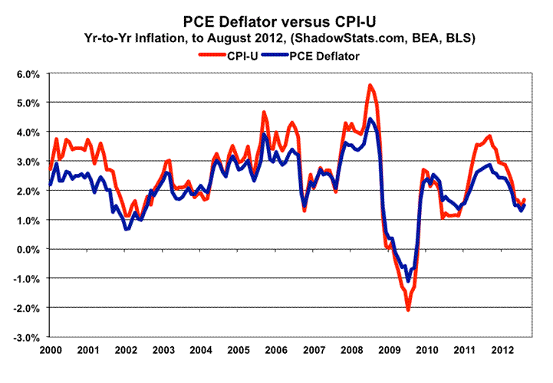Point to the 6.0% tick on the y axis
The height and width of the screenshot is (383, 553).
click(x=26, y=74)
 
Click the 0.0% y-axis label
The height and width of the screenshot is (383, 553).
click(x=26, y=249)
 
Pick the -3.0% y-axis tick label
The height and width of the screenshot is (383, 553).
click(x=25, y=337)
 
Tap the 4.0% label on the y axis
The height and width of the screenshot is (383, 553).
click(x=26, y=133)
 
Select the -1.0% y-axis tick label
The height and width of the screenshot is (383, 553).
click(x=25, y=279)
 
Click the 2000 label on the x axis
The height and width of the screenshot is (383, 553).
click(x=49, y=350)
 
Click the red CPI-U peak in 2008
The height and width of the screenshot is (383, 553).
click(x=370, y=85)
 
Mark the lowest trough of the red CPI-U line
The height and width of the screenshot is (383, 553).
click(x=408, y=309)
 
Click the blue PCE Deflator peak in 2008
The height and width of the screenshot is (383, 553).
click(x=370, y=119)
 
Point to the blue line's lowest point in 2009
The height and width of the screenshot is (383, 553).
click(x=408, y=281)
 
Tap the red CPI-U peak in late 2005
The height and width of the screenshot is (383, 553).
click(x=264, y=113)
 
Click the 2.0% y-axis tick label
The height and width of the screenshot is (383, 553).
click(x=26, y=191)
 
